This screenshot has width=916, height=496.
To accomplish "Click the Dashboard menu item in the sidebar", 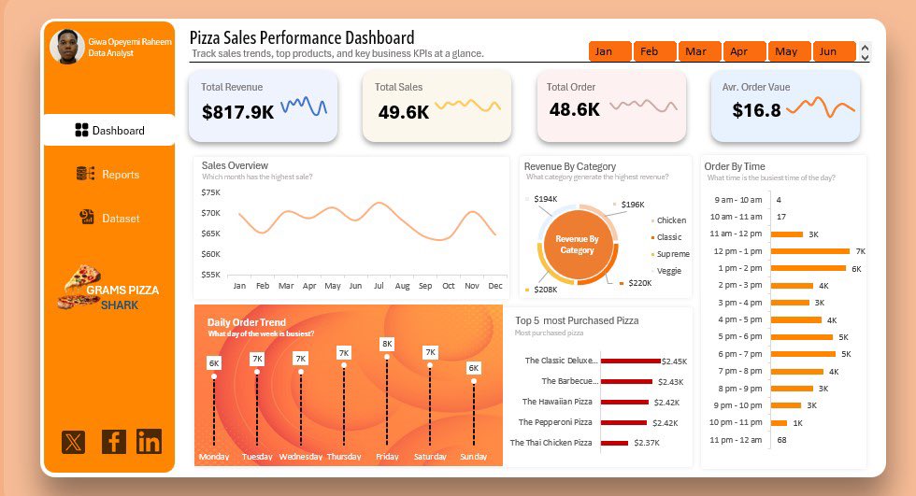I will [109, 131].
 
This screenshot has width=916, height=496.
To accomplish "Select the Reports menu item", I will [108, 175].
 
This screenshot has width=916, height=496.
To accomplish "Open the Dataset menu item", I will [108, 219].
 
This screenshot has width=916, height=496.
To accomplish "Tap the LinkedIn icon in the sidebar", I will [149, 442].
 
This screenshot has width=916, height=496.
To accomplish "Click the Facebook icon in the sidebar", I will [113, 442].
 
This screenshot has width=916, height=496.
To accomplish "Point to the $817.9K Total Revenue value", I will [237, 112].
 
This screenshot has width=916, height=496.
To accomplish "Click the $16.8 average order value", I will [756, 111].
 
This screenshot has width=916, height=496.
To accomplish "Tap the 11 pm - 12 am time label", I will [737, 439].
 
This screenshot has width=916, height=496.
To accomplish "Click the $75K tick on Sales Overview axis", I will [210, 192].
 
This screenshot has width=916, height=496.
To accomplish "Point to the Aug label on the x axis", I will [402, 286].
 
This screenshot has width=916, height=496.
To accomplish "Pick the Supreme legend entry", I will [672, 254].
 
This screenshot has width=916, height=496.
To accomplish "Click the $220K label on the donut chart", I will [639, 283].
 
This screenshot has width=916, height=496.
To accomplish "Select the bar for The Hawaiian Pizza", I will [624, 402].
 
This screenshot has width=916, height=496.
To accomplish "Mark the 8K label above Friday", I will [387, 344].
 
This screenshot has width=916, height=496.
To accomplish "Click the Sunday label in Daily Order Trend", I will [474, 457].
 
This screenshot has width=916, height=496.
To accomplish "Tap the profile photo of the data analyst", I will [65, 47].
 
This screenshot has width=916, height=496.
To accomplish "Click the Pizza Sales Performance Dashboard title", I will [301, 38].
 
